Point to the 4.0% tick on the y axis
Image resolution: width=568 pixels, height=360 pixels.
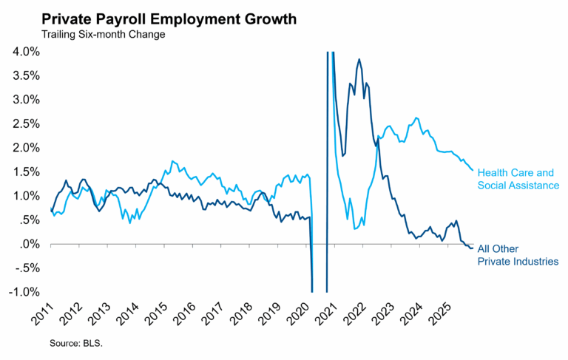(26, 52)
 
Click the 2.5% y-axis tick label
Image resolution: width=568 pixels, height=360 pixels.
(26, 123)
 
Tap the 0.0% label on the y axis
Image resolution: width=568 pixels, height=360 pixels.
(26, 244)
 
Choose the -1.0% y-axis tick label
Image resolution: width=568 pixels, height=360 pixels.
(24, 292)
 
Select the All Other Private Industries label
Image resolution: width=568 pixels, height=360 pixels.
(517, 255)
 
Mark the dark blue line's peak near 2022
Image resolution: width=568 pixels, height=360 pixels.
(359, 59)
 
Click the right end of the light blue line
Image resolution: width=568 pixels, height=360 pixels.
(473, 170)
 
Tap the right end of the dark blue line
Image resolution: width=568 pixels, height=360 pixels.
(473, 248)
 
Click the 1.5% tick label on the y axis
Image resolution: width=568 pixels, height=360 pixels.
(26, 171)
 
